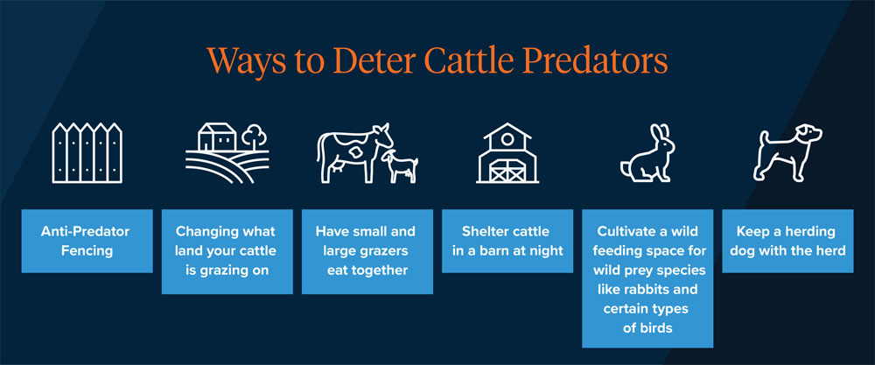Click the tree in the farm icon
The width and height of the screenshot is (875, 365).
tap(254, 136)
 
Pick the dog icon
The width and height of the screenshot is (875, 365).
tap(787, 153)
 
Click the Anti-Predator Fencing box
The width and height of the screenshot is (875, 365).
tap(86, 241)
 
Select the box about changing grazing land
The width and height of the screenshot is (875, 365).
tap(227, 250)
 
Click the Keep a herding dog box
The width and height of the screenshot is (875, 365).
tap(787, 241)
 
